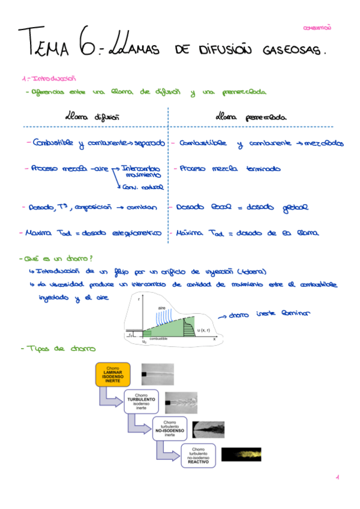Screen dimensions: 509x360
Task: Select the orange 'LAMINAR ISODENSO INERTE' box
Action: (x=113, y=375)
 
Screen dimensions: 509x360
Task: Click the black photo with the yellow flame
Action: (x=241, y=454)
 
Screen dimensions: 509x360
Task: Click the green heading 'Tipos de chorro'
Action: (x=59, y=349)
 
